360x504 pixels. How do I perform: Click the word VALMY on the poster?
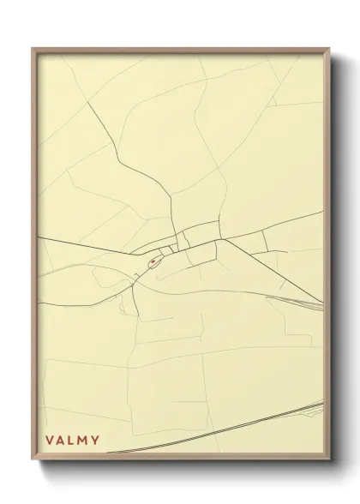[73, 441]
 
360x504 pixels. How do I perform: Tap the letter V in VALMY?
[50, 441]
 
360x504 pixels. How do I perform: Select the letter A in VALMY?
[61, 441]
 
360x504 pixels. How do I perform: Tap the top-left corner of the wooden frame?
[33, 49]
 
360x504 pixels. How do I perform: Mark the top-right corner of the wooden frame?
[330, 49]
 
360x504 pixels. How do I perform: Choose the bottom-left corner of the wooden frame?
[33, 459]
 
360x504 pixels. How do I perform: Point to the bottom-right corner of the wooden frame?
[330, 459]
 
